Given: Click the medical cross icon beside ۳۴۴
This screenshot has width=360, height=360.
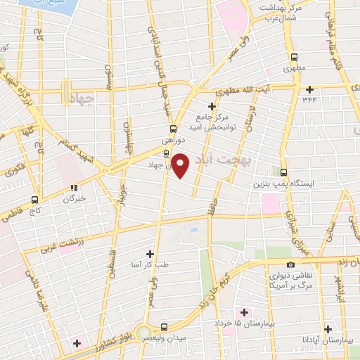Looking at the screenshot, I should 310,89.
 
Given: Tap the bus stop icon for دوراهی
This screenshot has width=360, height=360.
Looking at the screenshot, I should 173,129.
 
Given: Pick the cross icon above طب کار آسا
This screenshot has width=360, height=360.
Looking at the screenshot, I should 149,252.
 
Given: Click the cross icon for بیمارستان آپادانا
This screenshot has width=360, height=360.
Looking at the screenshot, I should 328,328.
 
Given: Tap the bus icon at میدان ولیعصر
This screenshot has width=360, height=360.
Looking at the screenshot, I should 164,327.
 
